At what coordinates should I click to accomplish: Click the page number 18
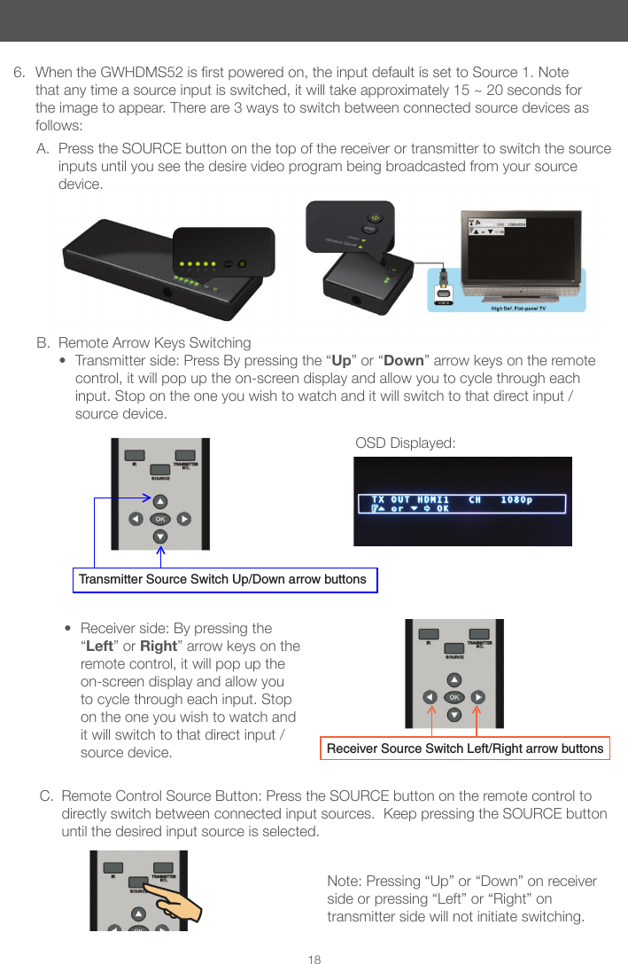314,960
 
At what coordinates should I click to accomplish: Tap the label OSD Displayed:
405,442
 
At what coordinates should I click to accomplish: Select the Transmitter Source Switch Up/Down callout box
223,579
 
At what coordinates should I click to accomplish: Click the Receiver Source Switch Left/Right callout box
465,748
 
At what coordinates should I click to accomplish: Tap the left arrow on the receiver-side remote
430,697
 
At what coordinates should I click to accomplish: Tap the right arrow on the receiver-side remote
477,697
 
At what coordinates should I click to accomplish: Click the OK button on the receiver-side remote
454,697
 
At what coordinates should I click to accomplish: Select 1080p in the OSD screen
516,499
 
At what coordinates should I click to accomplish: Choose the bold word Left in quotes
100,646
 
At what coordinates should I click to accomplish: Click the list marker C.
46,796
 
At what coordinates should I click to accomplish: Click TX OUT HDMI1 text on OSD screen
409,499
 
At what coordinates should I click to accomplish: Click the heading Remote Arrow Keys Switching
154,342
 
